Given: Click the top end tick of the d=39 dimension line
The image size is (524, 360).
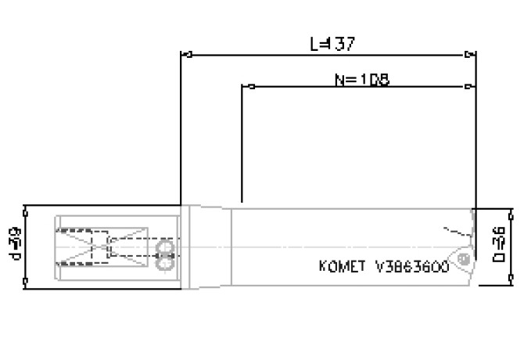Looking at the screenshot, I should pos(27,208).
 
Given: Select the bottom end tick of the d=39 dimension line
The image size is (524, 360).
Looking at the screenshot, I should pos(27,281).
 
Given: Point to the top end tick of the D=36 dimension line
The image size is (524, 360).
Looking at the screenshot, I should pos(511,211).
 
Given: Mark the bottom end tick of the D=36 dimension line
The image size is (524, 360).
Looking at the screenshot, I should pos(511,277).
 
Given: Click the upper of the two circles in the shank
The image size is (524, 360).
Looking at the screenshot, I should pos(164,248).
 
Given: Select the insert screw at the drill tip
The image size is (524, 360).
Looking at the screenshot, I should pos(465,257).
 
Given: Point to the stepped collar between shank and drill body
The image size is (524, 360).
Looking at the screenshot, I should pos(208,245).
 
